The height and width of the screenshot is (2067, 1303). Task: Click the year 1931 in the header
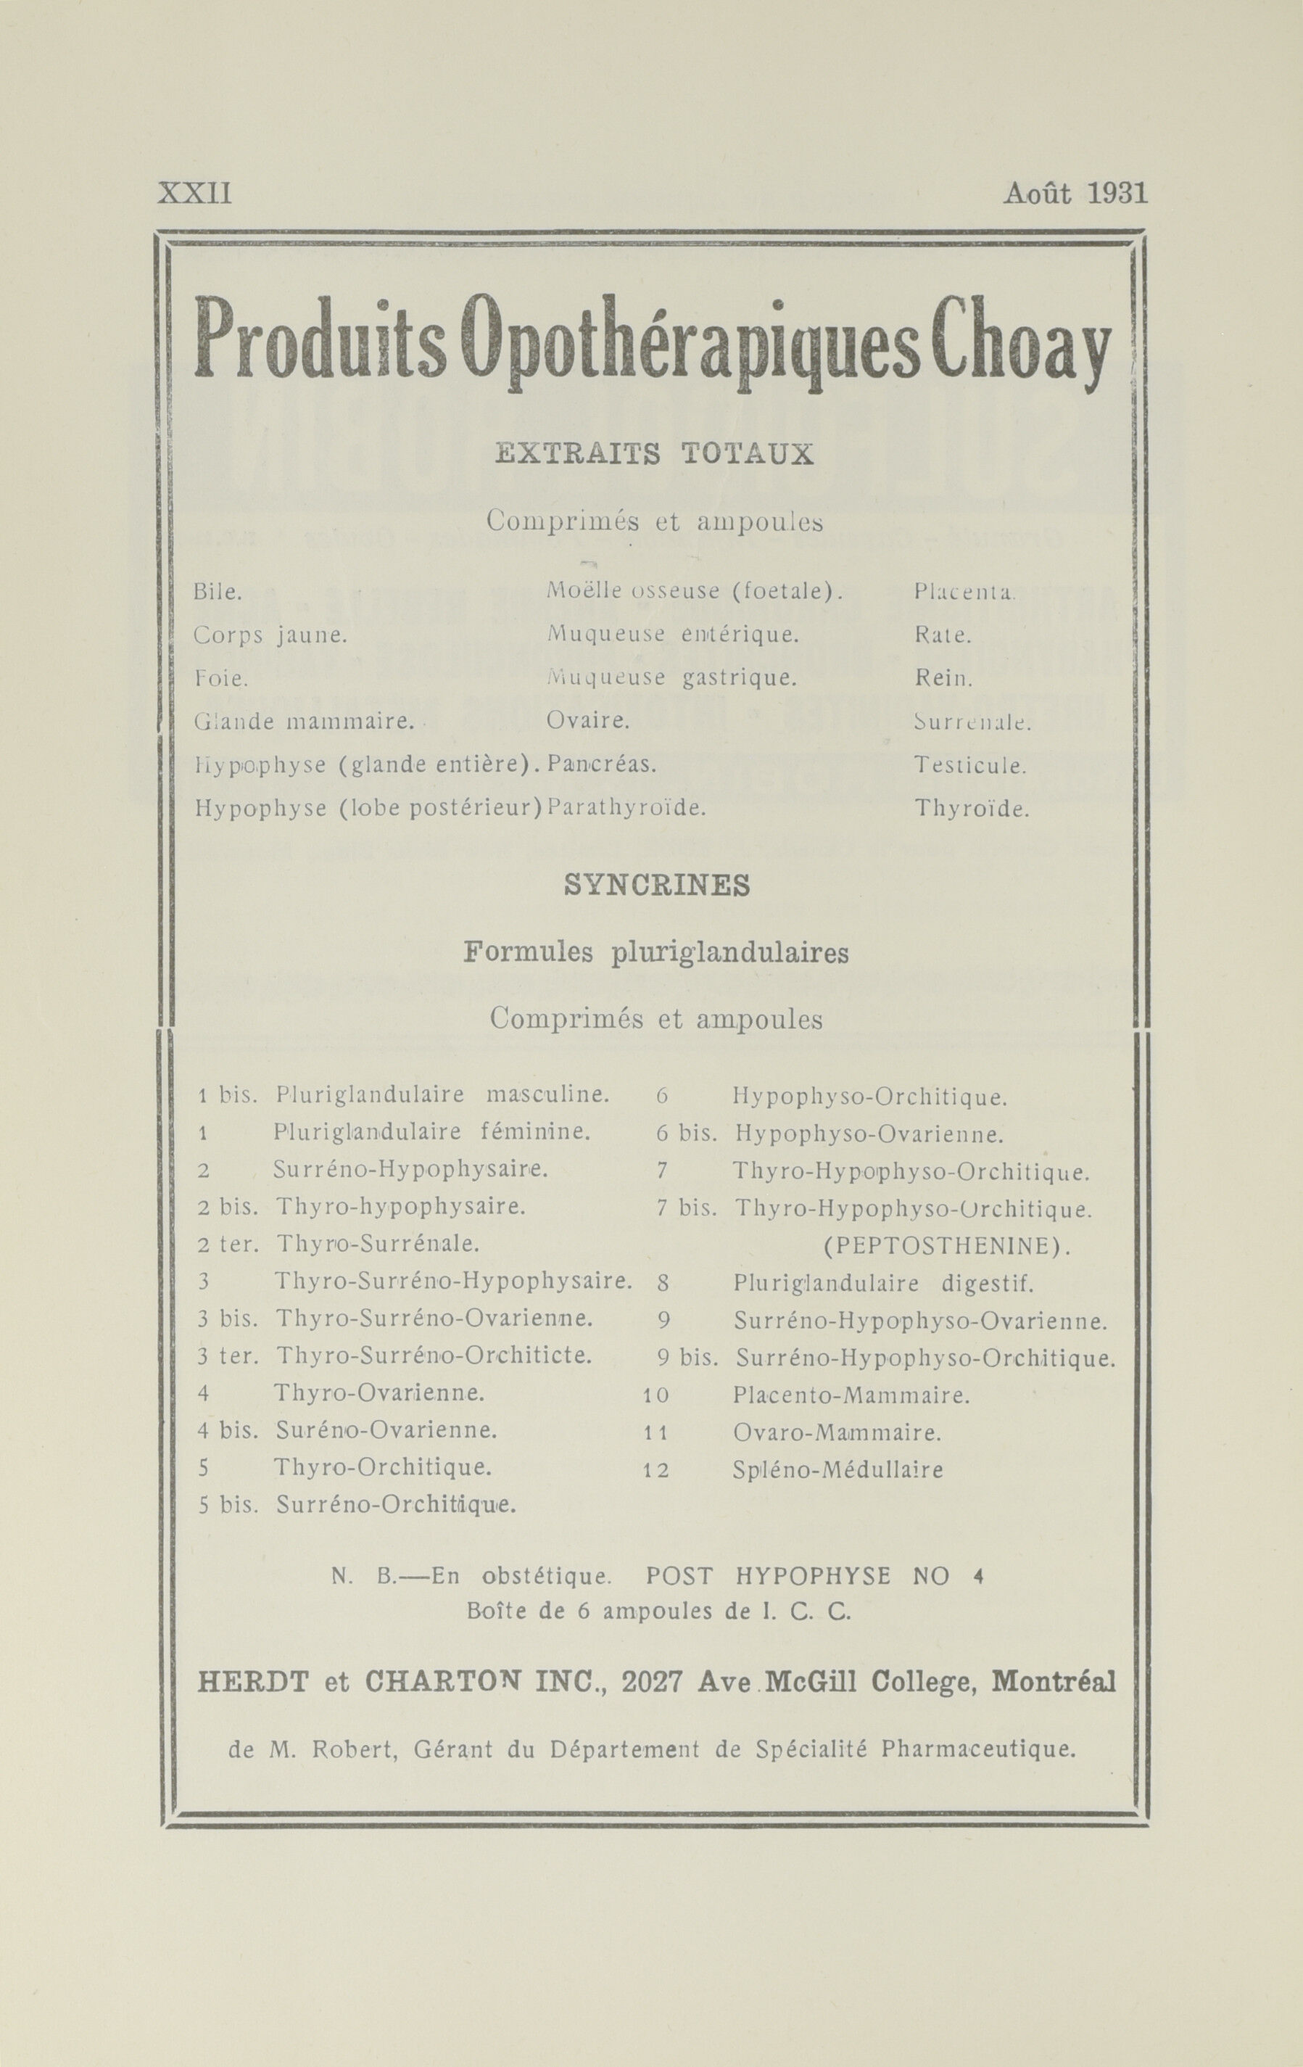click(x=1117, y=193)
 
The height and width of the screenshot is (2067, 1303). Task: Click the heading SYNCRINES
click(x=657, y=885)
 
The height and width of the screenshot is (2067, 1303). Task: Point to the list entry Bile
click(x=218, y=591)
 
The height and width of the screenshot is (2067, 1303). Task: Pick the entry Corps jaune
click(x=270, y=635)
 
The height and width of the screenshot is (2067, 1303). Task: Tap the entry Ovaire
click(x=588, y=720)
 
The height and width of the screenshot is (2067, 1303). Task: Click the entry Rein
click(x=943, y=678)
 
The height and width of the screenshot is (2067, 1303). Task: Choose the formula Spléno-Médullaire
click(x=837, y=1469)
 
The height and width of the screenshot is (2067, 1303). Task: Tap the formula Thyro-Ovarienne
click(x=379, y=1393)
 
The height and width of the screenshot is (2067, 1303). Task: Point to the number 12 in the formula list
click(x=655, y=1470)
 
